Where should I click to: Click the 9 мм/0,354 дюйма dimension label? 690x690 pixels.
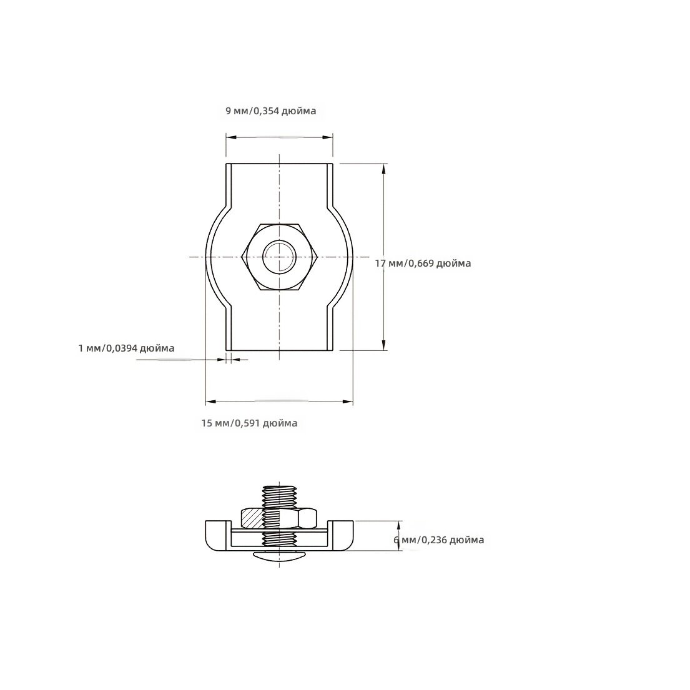pos(270,111)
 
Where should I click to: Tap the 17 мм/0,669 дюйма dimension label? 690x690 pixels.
pos(423,263)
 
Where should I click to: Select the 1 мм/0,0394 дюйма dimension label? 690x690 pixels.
pos(126,348)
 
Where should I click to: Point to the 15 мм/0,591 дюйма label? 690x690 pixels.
pos(250,423)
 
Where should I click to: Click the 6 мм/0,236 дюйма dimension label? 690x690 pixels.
pos(439,540)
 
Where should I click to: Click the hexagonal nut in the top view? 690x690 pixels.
pos(280,257)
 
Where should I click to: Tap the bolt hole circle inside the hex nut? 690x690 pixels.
pos(280,257)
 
